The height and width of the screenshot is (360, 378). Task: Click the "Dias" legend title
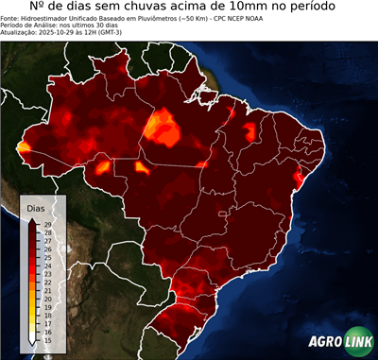click(x=36, y=207)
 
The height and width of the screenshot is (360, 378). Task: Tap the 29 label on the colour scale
click(x=46, y=224)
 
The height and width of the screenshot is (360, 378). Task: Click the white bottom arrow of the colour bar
click(x=33, y=337)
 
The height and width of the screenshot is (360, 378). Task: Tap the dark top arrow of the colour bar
click(x=33, y=220)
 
